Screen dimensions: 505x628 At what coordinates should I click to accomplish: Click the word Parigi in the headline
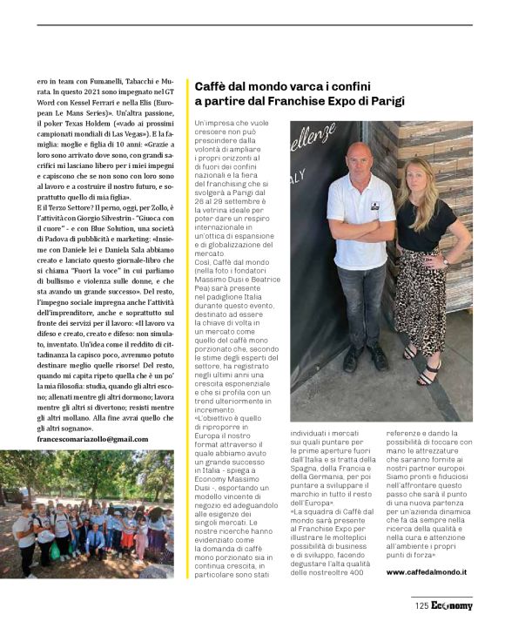385,101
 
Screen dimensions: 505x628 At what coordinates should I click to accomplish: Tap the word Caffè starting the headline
212,86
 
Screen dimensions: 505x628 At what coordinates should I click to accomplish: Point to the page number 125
421,605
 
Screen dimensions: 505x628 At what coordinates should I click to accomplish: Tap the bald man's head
358,159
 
